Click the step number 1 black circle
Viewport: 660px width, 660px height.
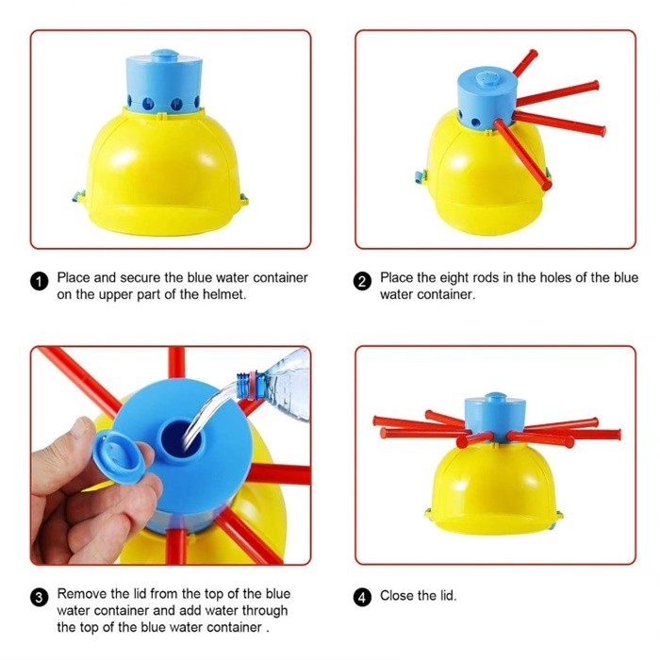[x=40, y=281]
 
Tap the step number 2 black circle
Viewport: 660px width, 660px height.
[x=362, y=281]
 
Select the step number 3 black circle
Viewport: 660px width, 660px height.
[x=40, y=598]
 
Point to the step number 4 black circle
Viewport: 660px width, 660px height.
[x=362, y=597]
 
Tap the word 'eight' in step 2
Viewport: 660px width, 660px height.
[x=454, y=279]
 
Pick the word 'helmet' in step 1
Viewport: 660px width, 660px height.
[x=223, y=294]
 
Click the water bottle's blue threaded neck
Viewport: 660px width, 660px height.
[x=246, y=386]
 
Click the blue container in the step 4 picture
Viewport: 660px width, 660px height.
[x=495, y=417]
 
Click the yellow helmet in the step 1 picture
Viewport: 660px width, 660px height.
[x=161, y=173]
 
